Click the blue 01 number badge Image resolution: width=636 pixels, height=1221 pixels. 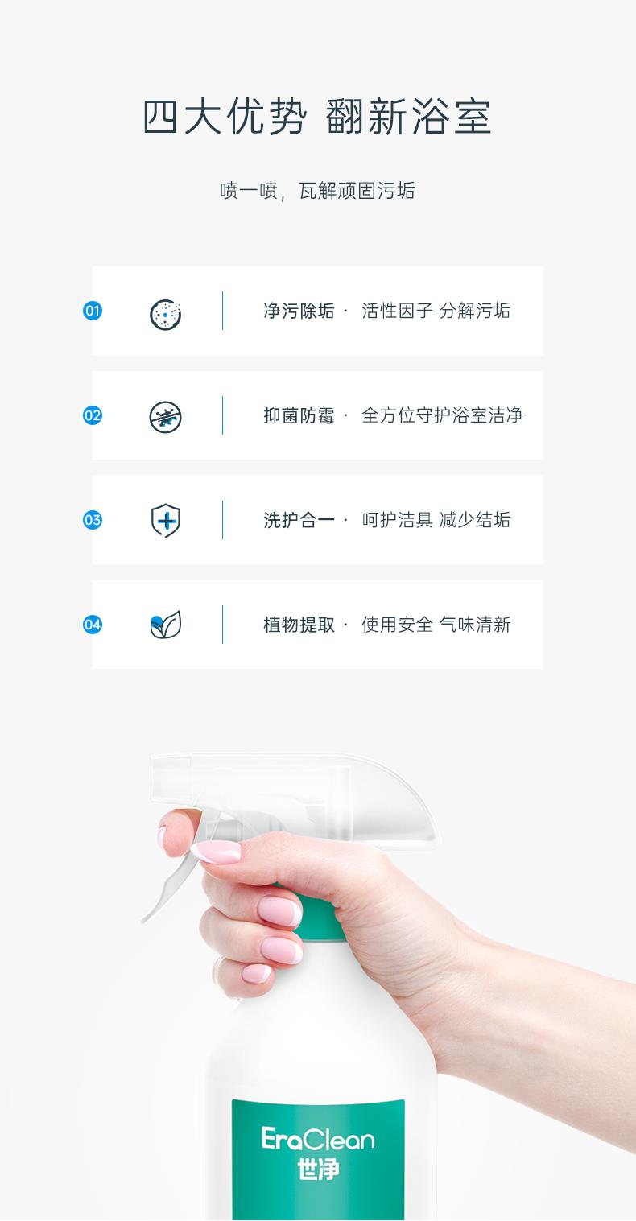pyautogui.click(x=93, y=311)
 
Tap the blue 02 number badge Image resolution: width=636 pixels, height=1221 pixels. pyautogui.click(x=93, y=415)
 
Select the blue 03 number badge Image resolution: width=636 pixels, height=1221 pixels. pyautogui.click(x=93, y=520)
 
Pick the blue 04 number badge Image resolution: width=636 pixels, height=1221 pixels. pyautogui.click(x=93, y=625)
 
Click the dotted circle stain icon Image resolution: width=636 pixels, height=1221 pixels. pyautogui.click(x=166, y=315)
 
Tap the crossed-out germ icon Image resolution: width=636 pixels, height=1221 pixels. pyautogui.click(x=166, y=417)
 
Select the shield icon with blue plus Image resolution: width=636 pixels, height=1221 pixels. pyautogui.click(x=166, y=521)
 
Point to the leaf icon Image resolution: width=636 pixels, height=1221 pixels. pyautogui.click(x=166, y=625)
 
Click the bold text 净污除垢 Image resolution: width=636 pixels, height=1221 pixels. pyautogui.click(x=299, y=311)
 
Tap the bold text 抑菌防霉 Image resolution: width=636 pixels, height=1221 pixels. pyautogui.click(x=299, y=415)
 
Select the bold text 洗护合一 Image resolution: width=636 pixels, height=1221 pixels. pyautogui.click(x=299, y=520)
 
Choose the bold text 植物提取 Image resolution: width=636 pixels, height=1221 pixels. pyautogui.click(x=299, y=625)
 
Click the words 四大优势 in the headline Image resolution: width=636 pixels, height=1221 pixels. pyautogui.click(x=225, y=116)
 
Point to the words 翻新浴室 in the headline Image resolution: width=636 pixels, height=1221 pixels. pyautogui.click(x=409, y=116)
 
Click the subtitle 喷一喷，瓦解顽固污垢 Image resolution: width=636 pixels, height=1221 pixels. pyautogui.click(x=318, y=191)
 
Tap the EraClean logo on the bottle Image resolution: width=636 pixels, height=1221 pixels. pyautogui.click(x=318, y=1139)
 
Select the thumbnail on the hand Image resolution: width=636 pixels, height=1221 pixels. pyautogui.click(x=217, y=852)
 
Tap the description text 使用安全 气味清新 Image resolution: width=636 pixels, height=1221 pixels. pyautogui.click(x=436, y=625)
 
